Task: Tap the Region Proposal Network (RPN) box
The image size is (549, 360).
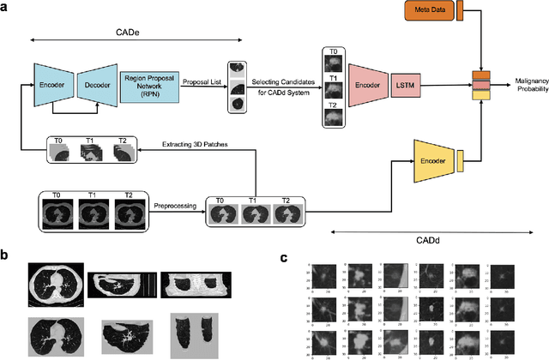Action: pos(143,86)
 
